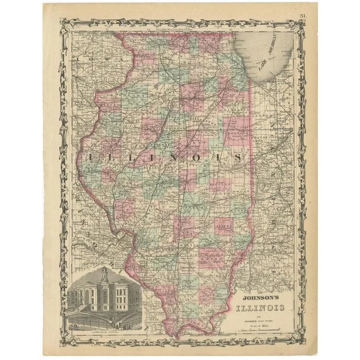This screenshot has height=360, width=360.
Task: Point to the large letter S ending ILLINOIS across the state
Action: [x=238, y=158]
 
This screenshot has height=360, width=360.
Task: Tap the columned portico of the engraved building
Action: [x=104, y=298]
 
